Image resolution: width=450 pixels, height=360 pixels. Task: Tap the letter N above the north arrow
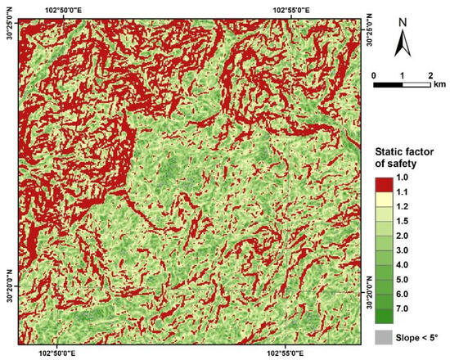pyautogui.click(x=403, y=22)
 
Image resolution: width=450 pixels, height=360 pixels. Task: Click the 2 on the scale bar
pyautogui.click(x=430, y=76)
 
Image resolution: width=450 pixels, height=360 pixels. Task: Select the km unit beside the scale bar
pyautogui.click(x=440, y=85)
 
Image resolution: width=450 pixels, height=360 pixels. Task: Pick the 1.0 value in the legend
pyautogui.click(x=403, y=176)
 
